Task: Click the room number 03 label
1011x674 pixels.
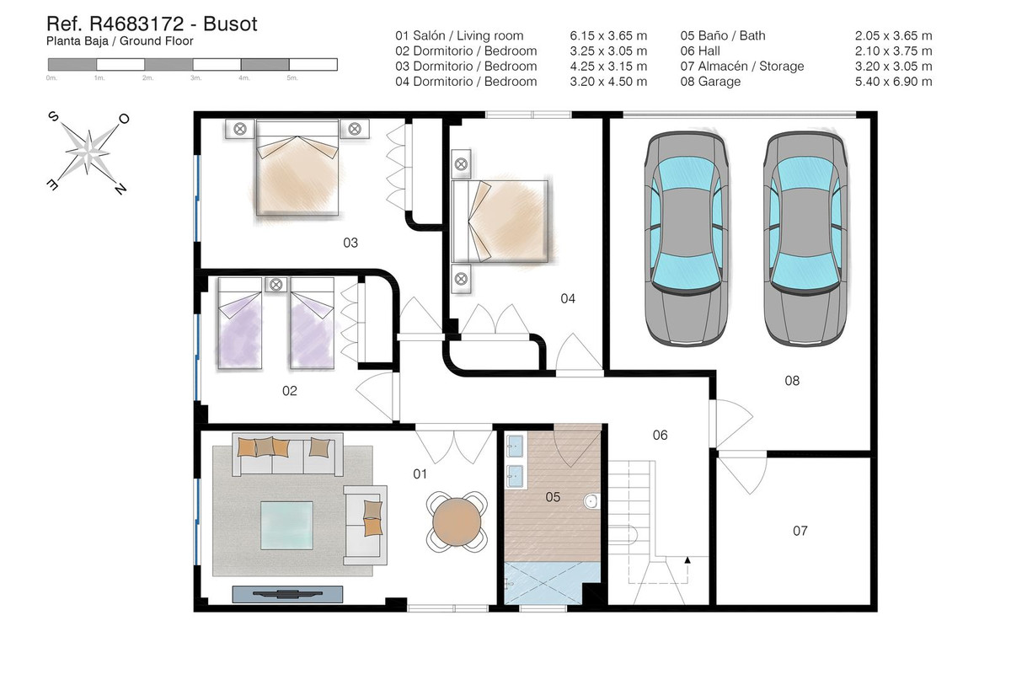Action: pos(350,243)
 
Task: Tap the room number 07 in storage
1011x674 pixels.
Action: pos(800,531)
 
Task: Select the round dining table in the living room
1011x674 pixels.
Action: pos(457,522)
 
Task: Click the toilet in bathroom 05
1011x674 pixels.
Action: pos(591,501)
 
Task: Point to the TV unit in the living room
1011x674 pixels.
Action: pos(287,594)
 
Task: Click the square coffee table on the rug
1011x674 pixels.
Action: pos(286,526)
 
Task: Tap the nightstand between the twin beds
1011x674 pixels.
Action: pos(276,285)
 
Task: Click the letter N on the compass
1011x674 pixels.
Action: pos(120,189)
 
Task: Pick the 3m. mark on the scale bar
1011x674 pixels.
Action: pos(195,78)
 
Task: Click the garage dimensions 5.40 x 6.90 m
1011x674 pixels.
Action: pos(893,82)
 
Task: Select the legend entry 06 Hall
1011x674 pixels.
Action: pos(700,51)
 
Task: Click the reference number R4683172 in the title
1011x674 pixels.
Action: pos(136,24)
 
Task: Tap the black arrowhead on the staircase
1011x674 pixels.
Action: pos(687,559)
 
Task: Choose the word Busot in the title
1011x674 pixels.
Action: pos(230,24)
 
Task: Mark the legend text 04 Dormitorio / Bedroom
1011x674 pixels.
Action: pos(466,82)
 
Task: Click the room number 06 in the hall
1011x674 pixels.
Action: pos(660,436)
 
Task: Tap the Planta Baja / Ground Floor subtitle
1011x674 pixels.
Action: pos(120,41)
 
